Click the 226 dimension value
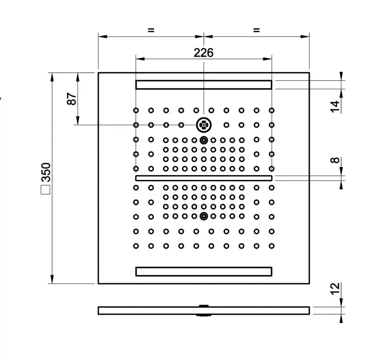point(203,53)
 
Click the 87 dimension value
point(72,99)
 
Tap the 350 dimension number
point(46,172)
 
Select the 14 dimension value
point(335,107)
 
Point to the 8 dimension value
point(335,160)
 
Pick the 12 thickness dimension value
point(335,289)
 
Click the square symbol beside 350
point(46,189)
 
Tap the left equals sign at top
point(151,30)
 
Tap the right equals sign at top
point(257,30)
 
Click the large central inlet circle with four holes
point(204,125)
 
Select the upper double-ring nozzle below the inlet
point(204,140)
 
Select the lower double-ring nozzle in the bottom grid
point(204,216)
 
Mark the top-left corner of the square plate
point(98,73)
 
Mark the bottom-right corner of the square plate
point(309,284)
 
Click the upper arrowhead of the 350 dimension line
point(52,77)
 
